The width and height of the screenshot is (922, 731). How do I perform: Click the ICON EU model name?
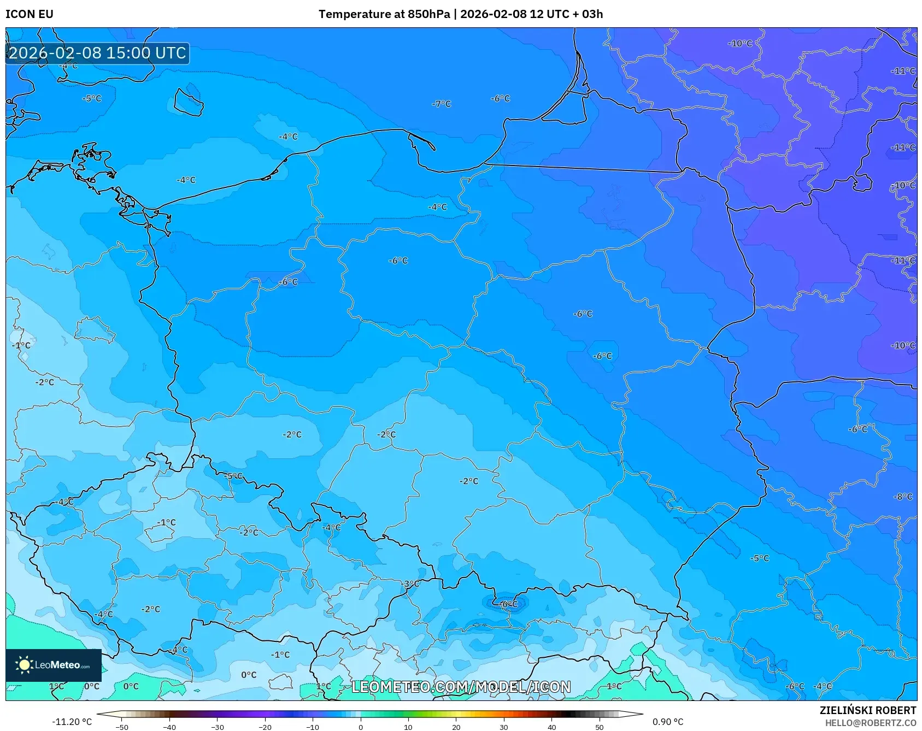pos(30,14)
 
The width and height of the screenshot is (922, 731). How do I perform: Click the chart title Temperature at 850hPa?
pos(384,14)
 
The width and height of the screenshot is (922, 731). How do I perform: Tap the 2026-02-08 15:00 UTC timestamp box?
pos(97,53)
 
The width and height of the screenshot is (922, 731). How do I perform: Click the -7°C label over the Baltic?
pos(442,104)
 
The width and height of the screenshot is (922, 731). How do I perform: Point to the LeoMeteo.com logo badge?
pos(54,665)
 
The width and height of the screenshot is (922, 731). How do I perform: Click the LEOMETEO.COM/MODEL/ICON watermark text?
pos(461,687)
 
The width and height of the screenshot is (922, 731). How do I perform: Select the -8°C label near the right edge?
pos(903,497)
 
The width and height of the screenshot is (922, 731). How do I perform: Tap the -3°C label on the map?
pos(410,583)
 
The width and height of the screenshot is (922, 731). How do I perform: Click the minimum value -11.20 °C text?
pos(72,722)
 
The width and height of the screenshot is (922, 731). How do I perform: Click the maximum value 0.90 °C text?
pos(668,722)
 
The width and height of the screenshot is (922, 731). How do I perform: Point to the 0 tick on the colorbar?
pos(361,727)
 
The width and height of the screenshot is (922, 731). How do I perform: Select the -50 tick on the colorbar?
pos(122,727)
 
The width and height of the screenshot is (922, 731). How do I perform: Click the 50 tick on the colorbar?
pos(600,727)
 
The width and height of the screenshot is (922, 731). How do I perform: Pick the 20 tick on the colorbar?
pos(456,727)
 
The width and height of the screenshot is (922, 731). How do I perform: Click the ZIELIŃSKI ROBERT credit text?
pos(868,710)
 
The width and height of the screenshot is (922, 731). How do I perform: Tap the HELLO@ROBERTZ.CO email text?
pos(870,723)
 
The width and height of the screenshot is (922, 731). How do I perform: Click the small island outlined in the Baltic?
pos(189,102)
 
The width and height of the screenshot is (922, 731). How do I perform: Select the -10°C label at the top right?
pos(741,44)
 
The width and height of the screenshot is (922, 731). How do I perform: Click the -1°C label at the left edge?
pos(21,345)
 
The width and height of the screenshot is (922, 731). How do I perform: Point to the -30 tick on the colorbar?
pos(218,727)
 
